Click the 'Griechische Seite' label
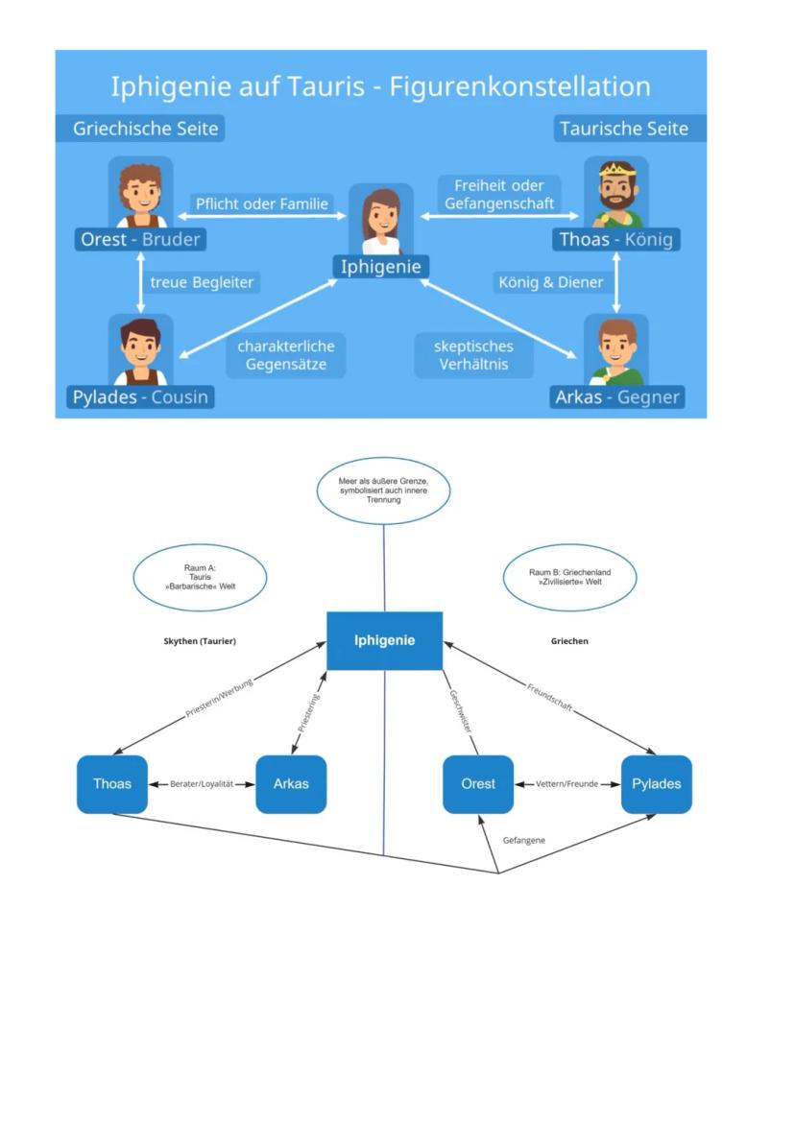coord(146,129)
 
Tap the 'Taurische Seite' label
coord(624,129)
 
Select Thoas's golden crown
coord(616,170)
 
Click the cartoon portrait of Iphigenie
coord(381,220)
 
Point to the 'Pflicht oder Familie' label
coord(262,203)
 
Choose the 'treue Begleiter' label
coord(203,282)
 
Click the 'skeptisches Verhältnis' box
coord(473,355)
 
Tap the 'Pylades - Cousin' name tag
coord(140,396)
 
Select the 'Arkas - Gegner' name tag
coord(617,396)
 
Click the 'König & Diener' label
coord(551,282)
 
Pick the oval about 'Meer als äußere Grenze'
coord(383,490)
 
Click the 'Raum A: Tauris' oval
coord(200,577)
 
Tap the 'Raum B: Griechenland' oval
coord(569,577)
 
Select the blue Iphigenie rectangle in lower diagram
coord(384,640)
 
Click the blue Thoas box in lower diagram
coord(112,784)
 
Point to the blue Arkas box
coord(291,784)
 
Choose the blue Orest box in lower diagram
coord(478,784)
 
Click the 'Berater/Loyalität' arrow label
coord(202,784)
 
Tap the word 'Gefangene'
coord(524,840)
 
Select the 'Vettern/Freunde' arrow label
coord(566,784)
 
